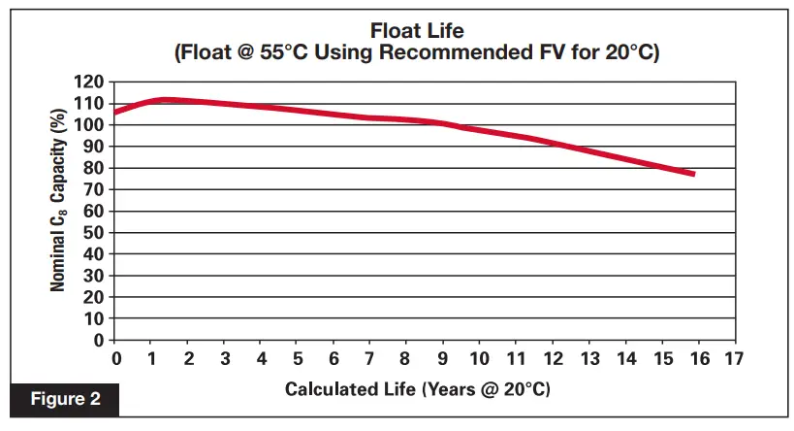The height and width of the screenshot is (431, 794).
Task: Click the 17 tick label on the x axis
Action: point(733,359)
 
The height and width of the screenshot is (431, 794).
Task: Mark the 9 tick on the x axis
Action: point(443,359)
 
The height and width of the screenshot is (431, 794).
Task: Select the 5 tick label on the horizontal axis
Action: point(298,359)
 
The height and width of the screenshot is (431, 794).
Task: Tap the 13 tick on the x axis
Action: point(588,359)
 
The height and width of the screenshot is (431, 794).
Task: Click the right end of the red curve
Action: point(693,174)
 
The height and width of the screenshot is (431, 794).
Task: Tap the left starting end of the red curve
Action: point(115,113)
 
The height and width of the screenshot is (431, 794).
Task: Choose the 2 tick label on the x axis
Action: point(189,359)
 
